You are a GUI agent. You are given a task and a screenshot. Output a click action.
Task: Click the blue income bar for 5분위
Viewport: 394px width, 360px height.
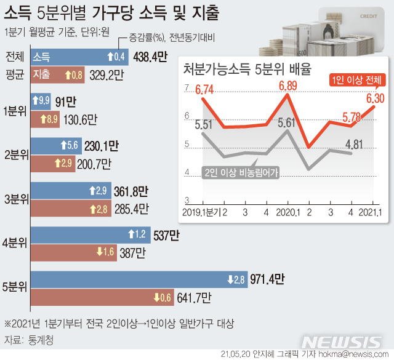(139, 280)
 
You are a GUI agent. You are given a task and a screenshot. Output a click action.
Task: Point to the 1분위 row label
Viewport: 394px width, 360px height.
(14, 110)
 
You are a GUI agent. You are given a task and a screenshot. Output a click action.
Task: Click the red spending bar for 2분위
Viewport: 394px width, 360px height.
(62, 164)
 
